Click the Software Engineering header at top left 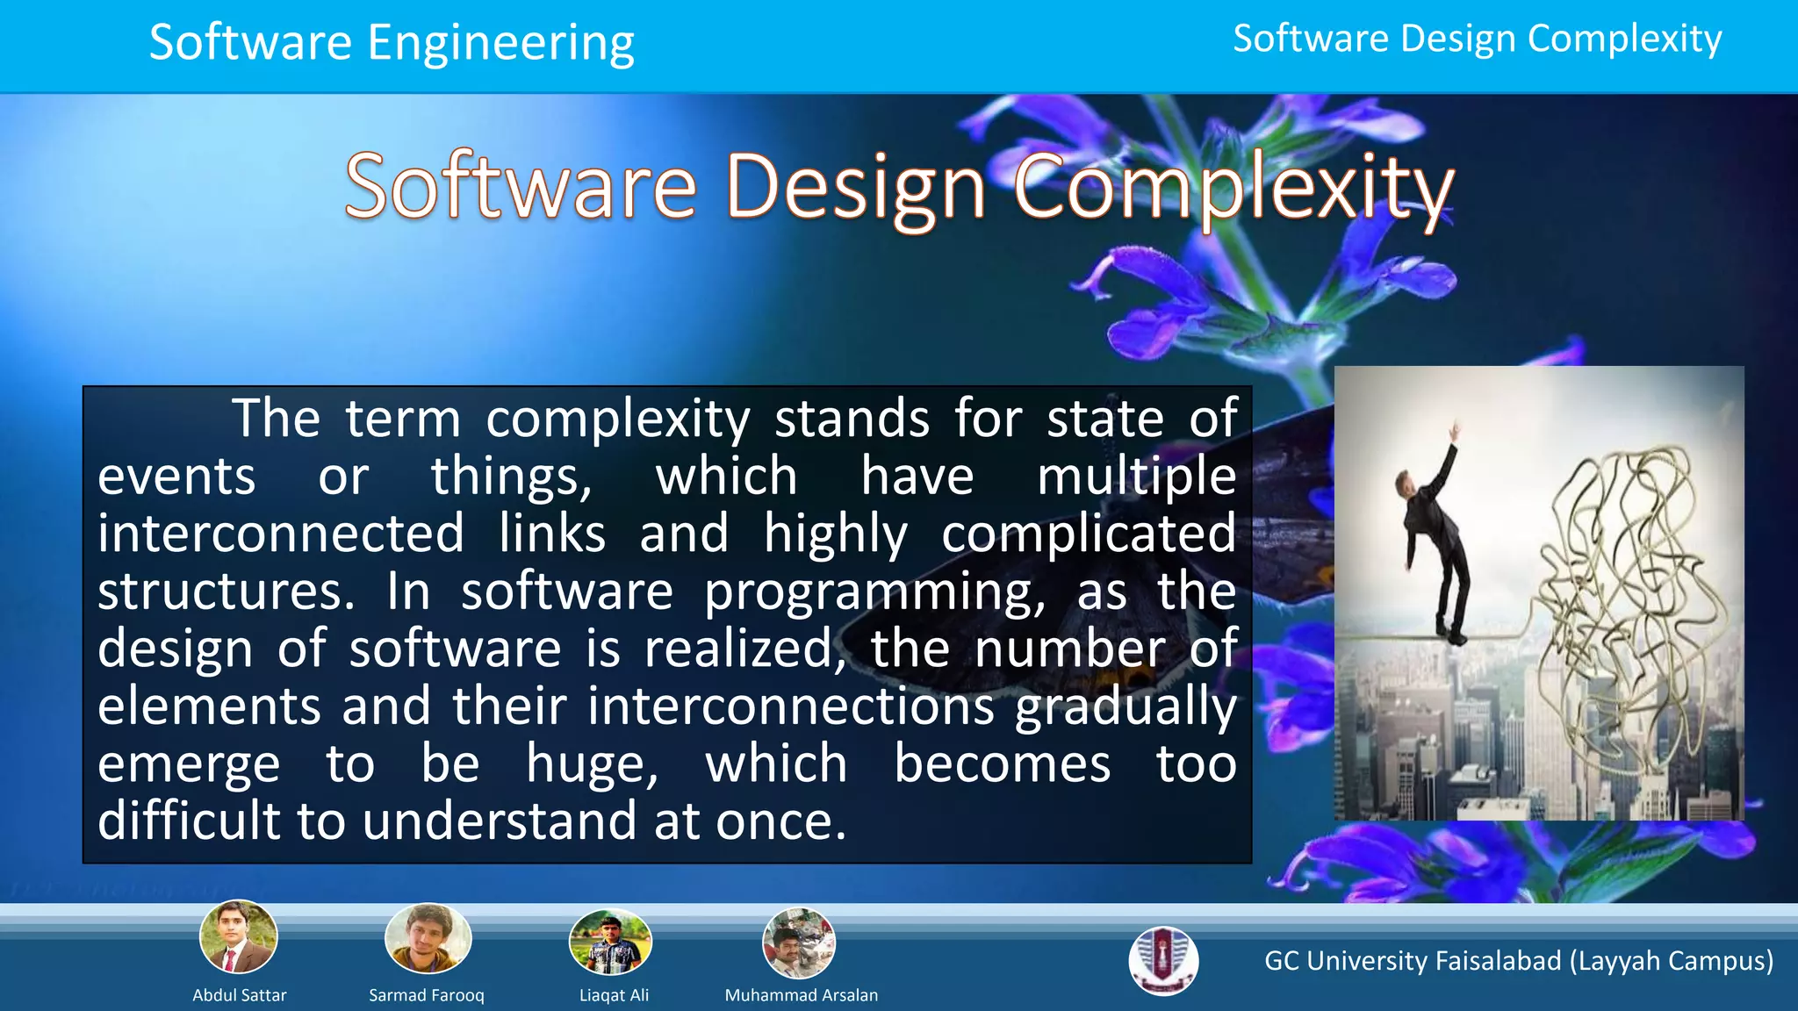tap(392, 42)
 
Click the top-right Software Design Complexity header tap(1477, 39)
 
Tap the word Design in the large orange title tap(856, 189)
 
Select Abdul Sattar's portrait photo tap(238, 937)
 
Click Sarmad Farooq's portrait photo tap(428, 938)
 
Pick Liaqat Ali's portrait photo tap(611, 942)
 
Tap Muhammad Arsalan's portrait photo tap(799, 943)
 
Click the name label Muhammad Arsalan tap(801, 995)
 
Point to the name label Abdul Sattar tap(239, 995)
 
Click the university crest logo tap(1163, 961)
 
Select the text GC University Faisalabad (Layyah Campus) tap(1519, 961)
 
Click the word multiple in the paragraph tap(1136, 477)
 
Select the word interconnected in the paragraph tap(281, 534)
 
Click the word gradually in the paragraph tap(1126, 707)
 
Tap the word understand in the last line tap(500, 821)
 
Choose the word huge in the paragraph tap(592, 764)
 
